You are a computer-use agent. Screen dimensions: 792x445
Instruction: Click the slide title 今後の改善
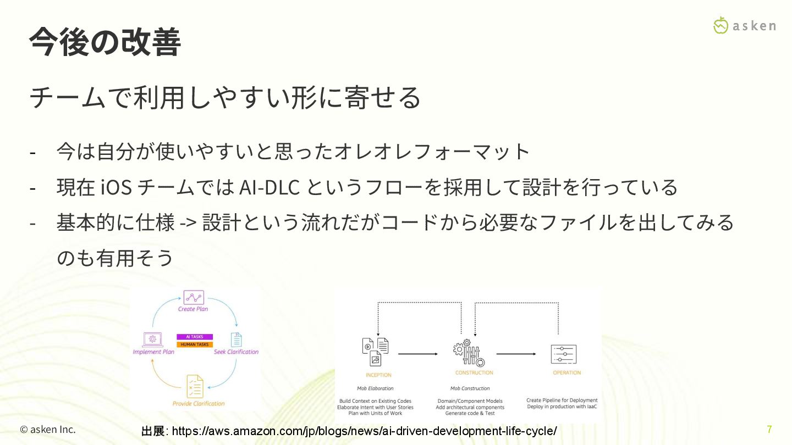coord(105,42)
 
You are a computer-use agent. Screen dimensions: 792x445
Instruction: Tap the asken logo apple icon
coord(721,25)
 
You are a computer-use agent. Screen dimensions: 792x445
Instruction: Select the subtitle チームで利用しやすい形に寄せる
coord(224,97)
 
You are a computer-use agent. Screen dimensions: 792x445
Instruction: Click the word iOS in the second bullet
coord(117,187)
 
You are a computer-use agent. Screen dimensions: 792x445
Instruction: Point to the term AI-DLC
coord(269,187)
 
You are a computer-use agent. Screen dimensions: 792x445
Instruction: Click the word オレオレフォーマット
coord(432,151)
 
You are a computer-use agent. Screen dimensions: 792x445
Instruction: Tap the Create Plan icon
coord(193,297)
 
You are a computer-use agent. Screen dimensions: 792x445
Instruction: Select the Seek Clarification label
coord(236,352)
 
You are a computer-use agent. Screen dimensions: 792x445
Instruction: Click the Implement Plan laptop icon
coord(152,340)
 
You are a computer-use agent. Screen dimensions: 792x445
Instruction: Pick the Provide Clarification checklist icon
coord(195,386)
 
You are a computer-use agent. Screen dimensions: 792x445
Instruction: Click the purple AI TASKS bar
coord(195,337)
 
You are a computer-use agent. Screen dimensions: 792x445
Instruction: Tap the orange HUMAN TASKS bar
coord(195,344)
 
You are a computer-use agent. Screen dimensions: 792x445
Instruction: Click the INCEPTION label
coord(378,375)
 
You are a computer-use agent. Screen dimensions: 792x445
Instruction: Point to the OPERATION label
coord(566,372)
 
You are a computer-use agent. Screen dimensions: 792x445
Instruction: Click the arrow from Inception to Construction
coord(418,354)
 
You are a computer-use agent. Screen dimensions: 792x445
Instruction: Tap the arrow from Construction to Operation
coord(516,354)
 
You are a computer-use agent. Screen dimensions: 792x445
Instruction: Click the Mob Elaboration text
coord(375,388)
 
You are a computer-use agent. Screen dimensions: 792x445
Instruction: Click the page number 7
coord(769,429)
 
